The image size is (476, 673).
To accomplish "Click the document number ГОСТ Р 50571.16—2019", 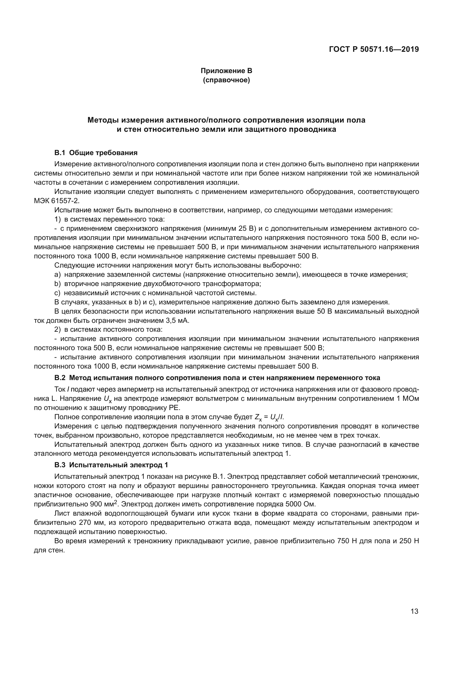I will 374,49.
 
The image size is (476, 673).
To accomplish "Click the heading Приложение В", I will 226,71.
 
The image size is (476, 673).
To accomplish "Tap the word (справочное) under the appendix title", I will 226,80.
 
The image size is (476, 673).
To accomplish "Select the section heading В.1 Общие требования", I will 96,153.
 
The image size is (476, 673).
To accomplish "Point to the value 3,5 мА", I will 177,320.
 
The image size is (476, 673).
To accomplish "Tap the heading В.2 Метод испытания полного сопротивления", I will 217,378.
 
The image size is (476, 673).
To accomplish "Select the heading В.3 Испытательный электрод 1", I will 111,465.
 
